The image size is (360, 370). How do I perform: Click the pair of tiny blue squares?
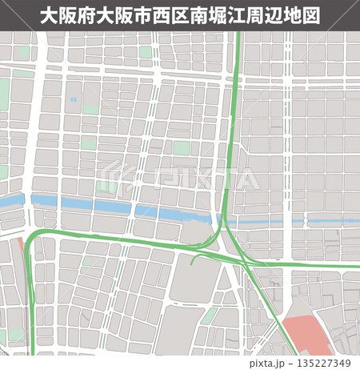74,99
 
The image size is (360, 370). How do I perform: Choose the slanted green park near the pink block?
209,317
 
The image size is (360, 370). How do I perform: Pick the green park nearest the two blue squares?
90,110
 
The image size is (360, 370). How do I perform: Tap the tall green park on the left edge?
4,97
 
